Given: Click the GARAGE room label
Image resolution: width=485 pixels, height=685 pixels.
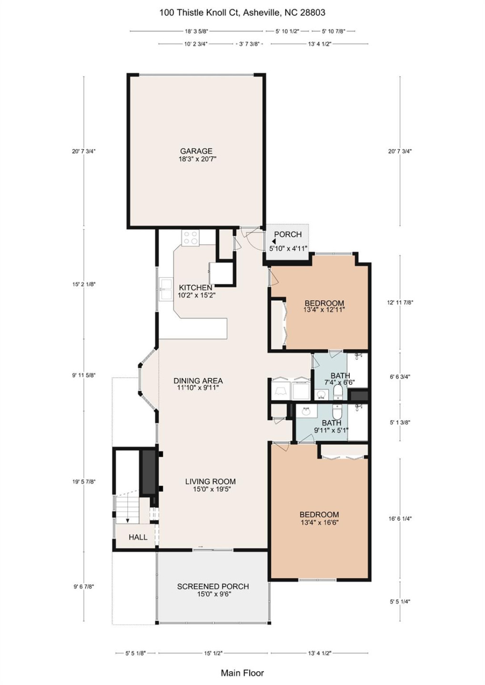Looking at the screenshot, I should [x=196, y=151].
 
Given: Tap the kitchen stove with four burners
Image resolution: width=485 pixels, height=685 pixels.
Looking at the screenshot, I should [x=191, y=237].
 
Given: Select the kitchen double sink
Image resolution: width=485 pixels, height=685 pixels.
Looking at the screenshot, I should [x=166, y=289].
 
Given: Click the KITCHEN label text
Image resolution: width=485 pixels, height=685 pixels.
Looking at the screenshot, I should [x=196, y=287].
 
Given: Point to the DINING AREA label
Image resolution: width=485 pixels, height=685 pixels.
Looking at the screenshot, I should [x=198, y=381].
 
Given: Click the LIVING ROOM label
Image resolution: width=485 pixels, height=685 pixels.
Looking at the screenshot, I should [x=210, y=481].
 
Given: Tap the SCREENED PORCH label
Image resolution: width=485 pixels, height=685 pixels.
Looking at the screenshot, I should [x=213, y=586].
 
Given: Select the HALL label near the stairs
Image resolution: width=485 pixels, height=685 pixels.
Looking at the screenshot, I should [x=138, y=537].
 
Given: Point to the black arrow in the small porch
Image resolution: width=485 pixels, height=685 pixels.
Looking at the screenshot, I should [x=274, y=242].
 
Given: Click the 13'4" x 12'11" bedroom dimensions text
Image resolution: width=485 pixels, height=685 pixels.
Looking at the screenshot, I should [x=324, y=310].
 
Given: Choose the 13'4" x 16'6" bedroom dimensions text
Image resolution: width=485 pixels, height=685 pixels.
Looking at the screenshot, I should [x=319, y=522].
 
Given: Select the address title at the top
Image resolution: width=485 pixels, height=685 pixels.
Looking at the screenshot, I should [x=242, y=13].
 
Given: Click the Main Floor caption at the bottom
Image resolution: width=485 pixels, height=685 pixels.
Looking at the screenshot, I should [x=242, y=673].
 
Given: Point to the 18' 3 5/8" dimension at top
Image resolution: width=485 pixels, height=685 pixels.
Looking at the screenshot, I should [x=196, y=31].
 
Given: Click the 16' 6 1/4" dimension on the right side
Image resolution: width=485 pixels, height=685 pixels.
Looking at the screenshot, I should [x=400, y=519].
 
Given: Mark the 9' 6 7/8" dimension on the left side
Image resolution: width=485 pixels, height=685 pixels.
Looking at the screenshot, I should [x=84, y=587].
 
